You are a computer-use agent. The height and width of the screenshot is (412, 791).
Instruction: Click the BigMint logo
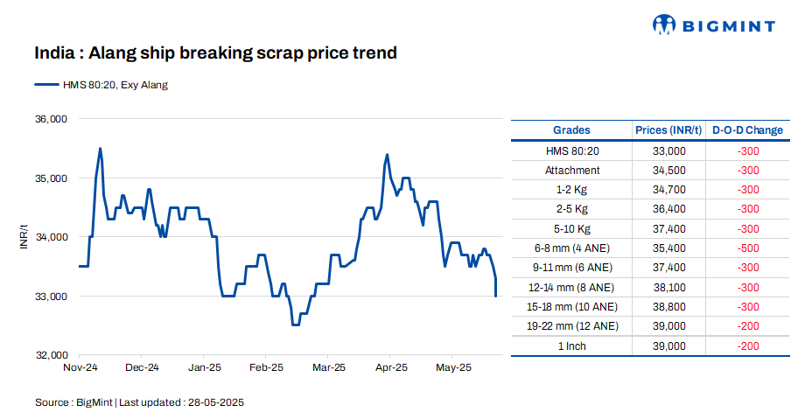click(713, 24)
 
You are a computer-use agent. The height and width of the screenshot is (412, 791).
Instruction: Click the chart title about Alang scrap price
click(215, 53)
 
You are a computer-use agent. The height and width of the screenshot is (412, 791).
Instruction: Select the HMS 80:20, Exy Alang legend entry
click(101, 85)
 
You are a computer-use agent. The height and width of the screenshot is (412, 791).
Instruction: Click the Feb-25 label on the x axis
click(266, 367)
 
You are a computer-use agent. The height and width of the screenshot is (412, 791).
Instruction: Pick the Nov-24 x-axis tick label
click(80, 367)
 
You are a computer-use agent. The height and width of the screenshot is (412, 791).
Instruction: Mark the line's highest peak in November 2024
click(101, 149)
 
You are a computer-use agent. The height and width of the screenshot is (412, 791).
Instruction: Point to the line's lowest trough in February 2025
click(296, 325)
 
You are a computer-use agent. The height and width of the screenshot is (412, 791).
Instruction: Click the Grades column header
click(572, 130)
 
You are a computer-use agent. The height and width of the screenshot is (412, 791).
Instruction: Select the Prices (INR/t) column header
click(668, 130)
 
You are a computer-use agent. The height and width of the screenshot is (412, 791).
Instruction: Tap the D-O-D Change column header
click(747, 130)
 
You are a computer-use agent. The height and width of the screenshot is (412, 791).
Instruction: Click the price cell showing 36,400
click(668, 209)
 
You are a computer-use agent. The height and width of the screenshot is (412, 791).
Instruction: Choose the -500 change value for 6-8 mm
click(747, 248)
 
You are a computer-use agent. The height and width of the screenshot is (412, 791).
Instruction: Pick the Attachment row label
click(572, 171)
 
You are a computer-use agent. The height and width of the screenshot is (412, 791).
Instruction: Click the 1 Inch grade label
click(572, 346)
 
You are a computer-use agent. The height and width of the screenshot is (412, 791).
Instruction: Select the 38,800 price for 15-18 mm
click(668, 306)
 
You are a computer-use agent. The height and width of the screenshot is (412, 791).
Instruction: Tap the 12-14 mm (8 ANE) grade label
click(572, 287)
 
